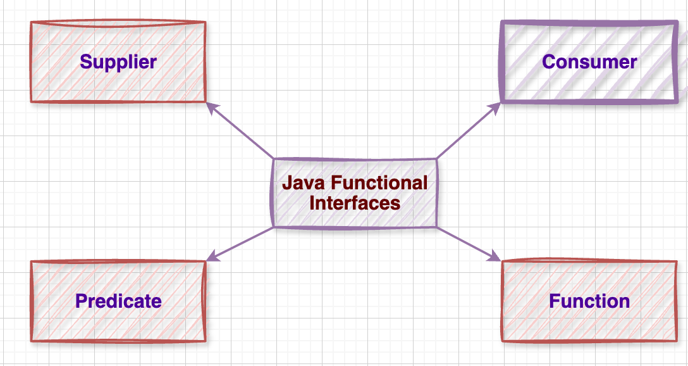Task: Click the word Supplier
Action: coord(118,62)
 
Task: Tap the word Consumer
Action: coord(589,62)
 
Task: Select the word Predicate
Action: coord(118,301)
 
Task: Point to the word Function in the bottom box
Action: coord(589,301)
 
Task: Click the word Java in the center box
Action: coord(300,184)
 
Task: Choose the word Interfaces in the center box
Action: coord(354,203)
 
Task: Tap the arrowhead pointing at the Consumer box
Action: coord(496,106)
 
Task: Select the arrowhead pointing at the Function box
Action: coord(494,257)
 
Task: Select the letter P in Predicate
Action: coord(81,301)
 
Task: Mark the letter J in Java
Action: coord(287,184)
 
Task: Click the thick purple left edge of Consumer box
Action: coord(502,62)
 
